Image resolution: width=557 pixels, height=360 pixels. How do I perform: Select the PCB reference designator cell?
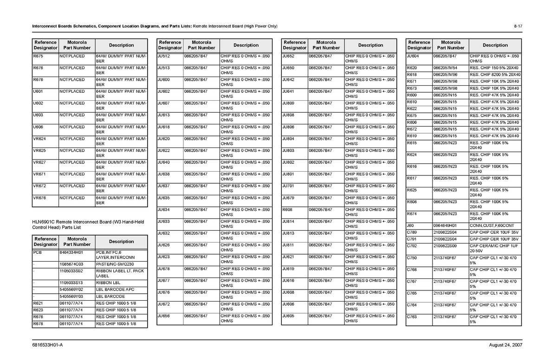click(x=37, y=252)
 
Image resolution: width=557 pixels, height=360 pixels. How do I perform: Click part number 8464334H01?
click(x=71, y=252)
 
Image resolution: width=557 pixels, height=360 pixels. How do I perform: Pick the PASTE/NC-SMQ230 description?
click(x=112, y=264)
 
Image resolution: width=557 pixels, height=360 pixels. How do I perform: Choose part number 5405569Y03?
click(x=71, y=296)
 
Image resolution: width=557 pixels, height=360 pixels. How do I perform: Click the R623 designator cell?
click(x=38, y=310)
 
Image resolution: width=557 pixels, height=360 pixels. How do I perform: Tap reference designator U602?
click(x=38, y=103)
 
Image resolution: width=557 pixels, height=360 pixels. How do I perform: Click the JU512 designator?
click(x=164, y=56)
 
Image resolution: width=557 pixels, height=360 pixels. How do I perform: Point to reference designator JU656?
click(x=164, y=316)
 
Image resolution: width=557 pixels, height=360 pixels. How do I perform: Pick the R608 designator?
click(x=288, y=210)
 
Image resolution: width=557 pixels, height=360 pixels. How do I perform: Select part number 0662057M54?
click(x=445, y=68)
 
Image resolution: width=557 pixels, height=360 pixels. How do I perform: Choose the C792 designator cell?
click(x=412, y=245)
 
